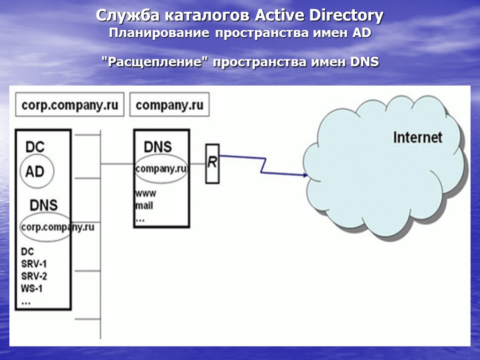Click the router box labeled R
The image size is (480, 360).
[212, 163]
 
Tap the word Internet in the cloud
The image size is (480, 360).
[417, 137]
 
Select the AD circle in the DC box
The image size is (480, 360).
[35, 172]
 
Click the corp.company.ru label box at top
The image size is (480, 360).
[70, 105]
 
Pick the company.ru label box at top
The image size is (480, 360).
[169, 105]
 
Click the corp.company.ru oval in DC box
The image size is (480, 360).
[45, 227]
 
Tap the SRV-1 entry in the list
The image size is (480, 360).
[34, 263]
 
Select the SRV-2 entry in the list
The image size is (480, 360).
[34, 276]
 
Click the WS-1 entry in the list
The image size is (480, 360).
[32, 288]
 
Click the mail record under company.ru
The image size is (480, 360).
[144, 205]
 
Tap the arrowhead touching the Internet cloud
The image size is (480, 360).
[305, 175]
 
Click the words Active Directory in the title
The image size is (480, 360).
[319, 16]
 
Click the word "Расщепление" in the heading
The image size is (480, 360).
[155, 62]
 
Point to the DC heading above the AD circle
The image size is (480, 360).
[35, 147]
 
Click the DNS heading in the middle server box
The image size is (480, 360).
[157, 147]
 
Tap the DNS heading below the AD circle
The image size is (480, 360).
[44, 205]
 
